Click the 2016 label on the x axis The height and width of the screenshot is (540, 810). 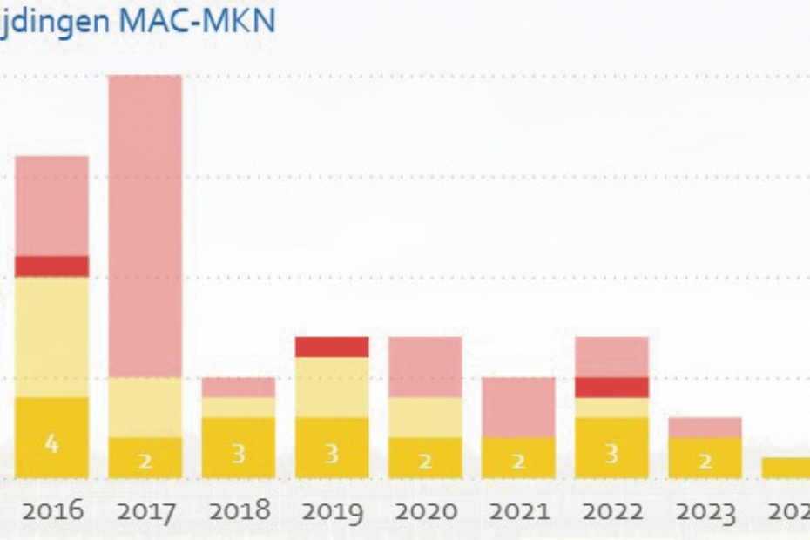pyautogui.click(x=52, y=510)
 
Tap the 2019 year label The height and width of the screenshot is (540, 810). pyautogui.click(x=332, y=510)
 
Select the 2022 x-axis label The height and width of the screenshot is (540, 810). pyautogui.click(x=611, y=510)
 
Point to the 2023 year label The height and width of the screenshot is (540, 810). pyautogui.click(x=705, y=510)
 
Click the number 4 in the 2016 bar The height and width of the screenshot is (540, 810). pyautogui.click(x=51, y=444)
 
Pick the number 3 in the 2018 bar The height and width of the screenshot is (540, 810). pyautogui.click(x=239, y=454)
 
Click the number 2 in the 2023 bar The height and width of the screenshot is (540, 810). pyautogui.click(x=705, y=461)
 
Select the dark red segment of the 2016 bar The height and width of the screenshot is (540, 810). pyautogui.click(x=51, y=267)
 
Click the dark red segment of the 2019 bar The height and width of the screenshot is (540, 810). pyautogui.click(x=332, y=347)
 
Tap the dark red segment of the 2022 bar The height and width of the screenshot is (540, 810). pyautogui.click(x=611, y=388)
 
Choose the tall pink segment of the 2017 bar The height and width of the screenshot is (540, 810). pyautogui.click(x=145, y=226)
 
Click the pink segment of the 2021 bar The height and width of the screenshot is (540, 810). pyautogui.click(x=518, y=407)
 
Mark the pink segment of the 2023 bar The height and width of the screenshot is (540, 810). pyautogui.click(x=705, y=427)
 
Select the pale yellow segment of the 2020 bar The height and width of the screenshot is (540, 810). pyautogui.click(x=425, y=417)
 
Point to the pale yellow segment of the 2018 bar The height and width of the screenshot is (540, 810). pyautogui.click(x=239, y=407)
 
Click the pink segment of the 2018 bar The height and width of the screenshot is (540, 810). pyautogui.click(x=239, y=387)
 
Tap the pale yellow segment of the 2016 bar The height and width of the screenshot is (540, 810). pyautogui.click(x=51, y=337)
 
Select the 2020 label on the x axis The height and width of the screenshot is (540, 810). pyautogui.click(x=425, y=510)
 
